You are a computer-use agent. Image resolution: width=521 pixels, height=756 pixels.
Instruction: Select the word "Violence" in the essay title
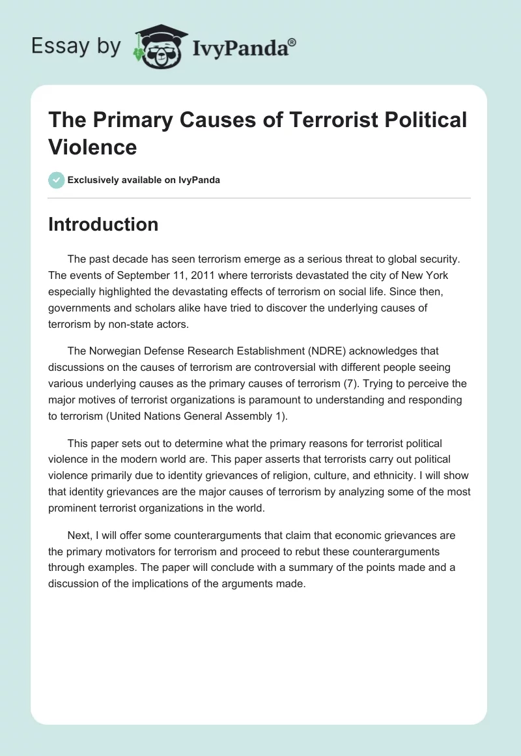(x=92, y=147)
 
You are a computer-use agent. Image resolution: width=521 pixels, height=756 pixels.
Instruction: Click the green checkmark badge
(x=57, y=180)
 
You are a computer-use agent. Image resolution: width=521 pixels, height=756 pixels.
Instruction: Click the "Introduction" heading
(x=103, y=224)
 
